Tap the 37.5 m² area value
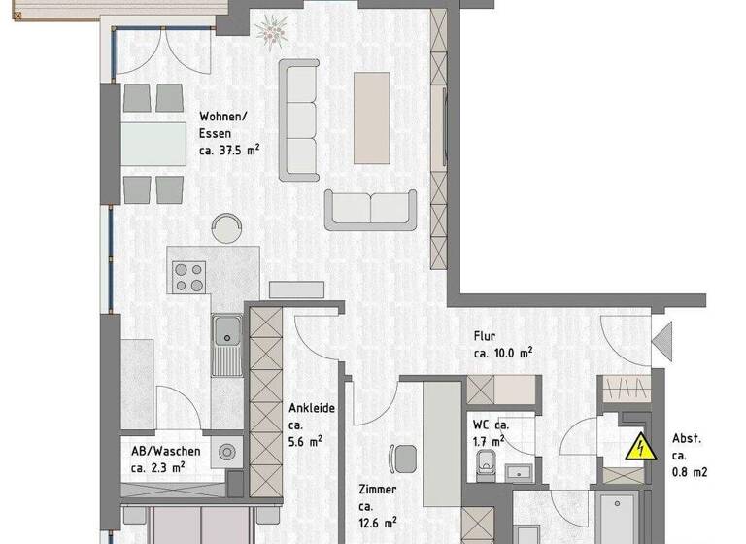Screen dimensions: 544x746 pyautogui.click(x=229, y=151)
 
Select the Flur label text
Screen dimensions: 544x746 pyautogui.click(x=486, y=335)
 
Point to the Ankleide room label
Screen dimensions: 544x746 pyautogui.click(x=311, y=408)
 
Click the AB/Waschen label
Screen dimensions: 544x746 pyautogui.click(x=166, y=451)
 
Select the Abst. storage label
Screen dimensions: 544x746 pyautogui.click(x=687, y=438)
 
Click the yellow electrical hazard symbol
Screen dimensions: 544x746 pyautogui.click(x=639, y=448)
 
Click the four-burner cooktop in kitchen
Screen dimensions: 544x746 pyautogui.click(x=189, y=277)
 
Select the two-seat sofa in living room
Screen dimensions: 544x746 pyautogui.click(x=370, y=208)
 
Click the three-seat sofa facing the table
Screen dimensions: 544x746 pyautogui.click(x=300, y=119)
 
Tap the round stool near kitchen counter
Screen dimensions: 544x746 pyautogui.click(x=227, y=227)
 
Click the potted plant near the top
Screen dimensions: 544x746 pyautogui.click(x=271, y=31)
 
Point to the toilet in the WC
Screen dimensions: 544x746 pyautogui.click(x=487, y=467)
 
